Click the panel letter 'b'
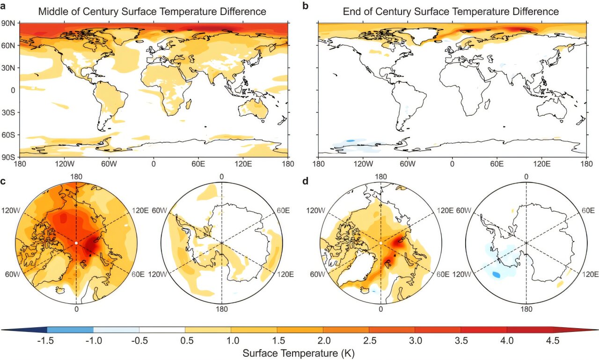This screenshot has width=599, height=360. pos(306,6)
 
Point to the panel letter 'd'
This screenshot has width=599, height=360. pos(306,181)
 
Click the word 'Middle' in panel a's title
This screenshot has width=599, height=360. pos(52,11)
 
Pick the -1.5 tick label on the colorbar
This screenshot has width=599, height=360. pos(47,341)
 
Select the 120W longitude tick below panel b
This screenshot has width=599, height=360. pos(363,164)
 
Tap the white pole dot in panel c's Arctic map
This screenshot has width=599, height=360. pos(76,243)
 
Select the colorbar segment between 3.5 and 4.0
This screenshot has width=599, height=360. pos(483,330)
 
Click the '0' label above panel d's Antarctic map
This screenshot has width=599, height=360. pos(526,176)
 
